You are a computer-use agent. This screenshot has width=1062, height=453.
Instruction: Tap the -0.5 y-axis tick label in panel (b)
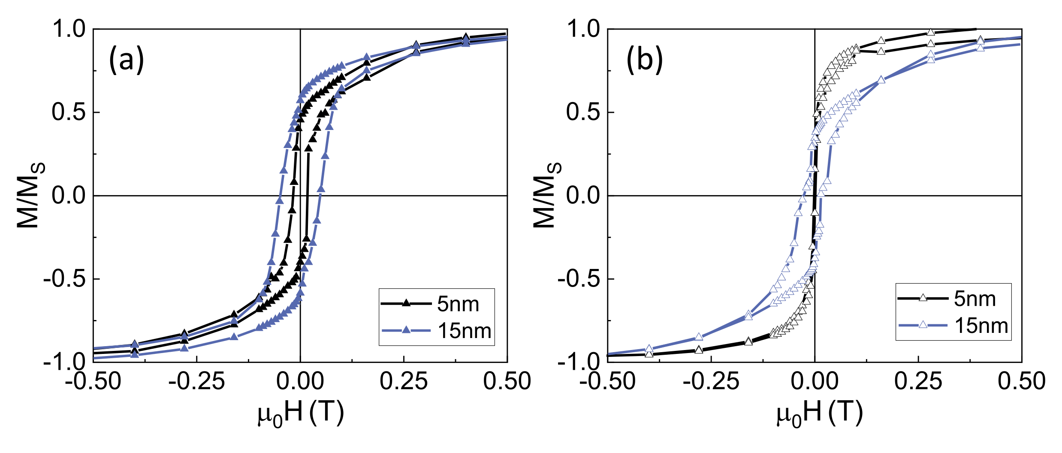579,279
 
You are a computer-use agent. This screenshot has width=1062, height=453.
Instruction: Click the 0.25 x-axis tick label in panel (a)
404,381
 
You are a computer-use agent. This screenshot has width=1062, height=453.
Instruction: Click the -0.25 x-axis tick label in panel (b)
711,381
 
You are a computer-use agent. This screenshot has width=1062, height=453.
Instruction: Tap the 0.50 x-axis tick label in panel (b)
1021,381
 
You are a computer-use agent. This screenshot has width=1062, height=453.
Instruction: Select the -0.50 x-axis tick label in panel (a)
93,381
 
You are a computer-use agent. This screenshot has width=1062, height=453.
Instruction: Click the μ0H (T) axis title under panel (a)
301,414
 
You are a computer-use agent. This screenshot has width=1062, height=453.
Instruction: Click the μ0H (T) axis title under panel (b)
819,414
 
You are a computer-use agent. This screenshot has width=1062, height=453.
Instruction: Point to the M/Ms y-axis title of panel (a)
30,195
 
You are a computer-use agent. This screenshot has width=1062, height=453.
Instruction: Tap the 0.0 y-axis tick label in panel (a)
69,196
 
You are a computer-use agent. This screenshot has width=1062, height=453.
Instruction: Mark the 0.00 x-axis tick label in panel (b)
815,381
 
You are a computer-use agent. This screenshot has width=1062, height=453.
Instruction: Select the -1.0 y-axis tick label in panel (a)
64,362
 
